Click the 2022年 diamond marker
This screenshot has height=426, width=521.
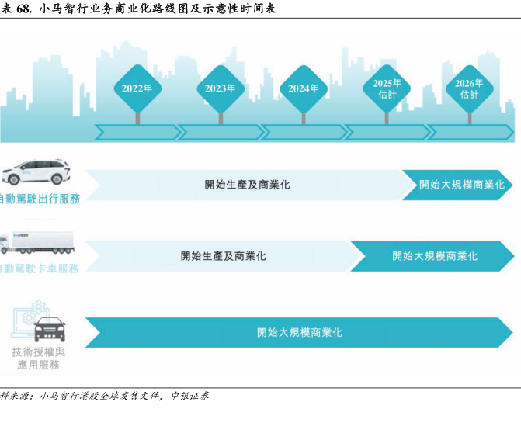coord(137,88)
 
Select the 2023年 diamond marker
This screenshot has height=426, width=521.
coord(221,88)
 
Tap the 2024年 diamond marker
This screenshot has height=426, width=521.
coord(304,88)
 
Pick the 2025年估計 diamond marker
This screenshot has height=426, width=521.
coord(387,88)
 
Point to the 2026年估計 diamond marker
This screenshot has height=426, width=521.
coord(470,88)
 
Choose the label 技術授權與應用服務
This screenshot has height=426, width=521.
coord(36,358)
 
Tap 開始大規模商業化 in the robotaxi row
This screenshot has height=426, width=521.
coord(461,185)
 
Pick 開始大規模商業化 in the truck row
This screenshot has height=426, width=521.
coord(435,255)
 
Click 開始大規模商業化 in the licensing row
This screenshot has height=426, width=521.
coord(300,332)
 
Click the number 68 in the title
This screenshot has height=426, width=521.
coord(23,9)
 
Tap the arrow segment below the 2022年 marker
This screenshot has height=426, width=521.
coord(137,133)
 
